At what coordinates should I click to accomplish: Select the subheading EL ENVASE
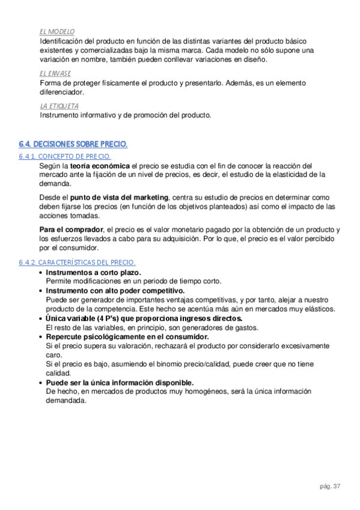55,73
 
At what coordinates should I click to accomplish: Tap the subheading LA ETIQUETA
59,106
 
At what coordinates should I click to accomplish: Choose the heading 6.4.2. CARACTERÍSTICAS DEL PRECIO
77,263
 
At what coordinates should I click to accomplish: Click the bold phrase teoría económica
100,165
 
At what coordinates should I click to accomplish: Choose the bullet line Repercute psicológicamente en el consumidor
127,337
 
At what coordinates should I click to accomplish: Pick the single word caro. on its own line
54,355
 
